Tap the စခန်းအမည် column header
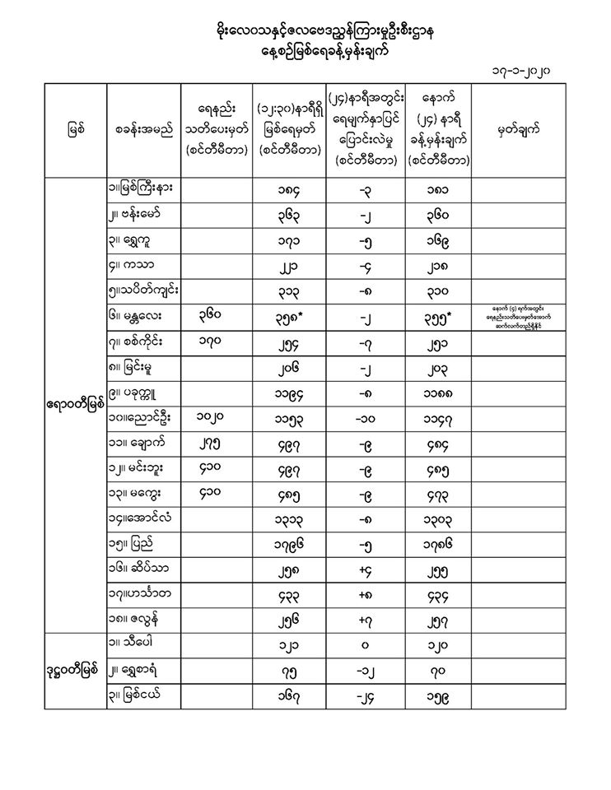pyautogui.click(x=144, y=128)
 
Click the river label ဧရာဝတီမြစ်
pyautogui.click(x=75, y=405)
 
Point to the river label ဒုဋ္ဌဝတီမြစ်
pyautogui.click(x=75, y=668)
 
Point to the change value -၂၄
pyautogui.click(x=369, y=696)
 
